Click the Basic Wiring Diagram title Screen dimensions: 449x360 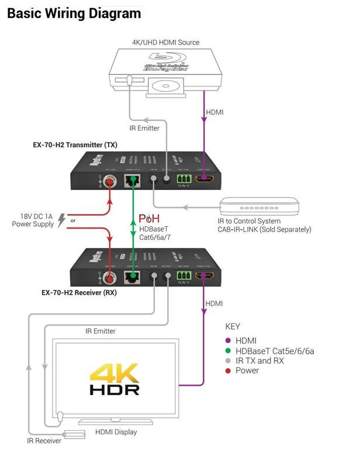(x=74, y=13)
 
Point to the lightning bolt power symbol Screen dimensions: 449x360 (x=62, y=221)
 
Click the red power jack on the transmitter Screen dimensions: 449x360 (x=109, y=182)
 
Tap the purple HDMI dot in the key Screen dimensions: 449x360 (x=229, y=340)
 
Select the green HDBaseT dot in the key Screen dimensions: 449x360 (x=229, y=351)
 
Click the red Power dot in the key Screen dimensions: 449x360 (x=229, y=371)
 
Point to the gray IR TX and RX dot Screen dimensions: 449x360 (x=229, y=361)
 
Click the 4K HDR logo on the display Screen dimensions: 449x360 (x=114, y=379)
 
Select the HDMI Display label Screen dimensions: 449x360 (x=116, y=432)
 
